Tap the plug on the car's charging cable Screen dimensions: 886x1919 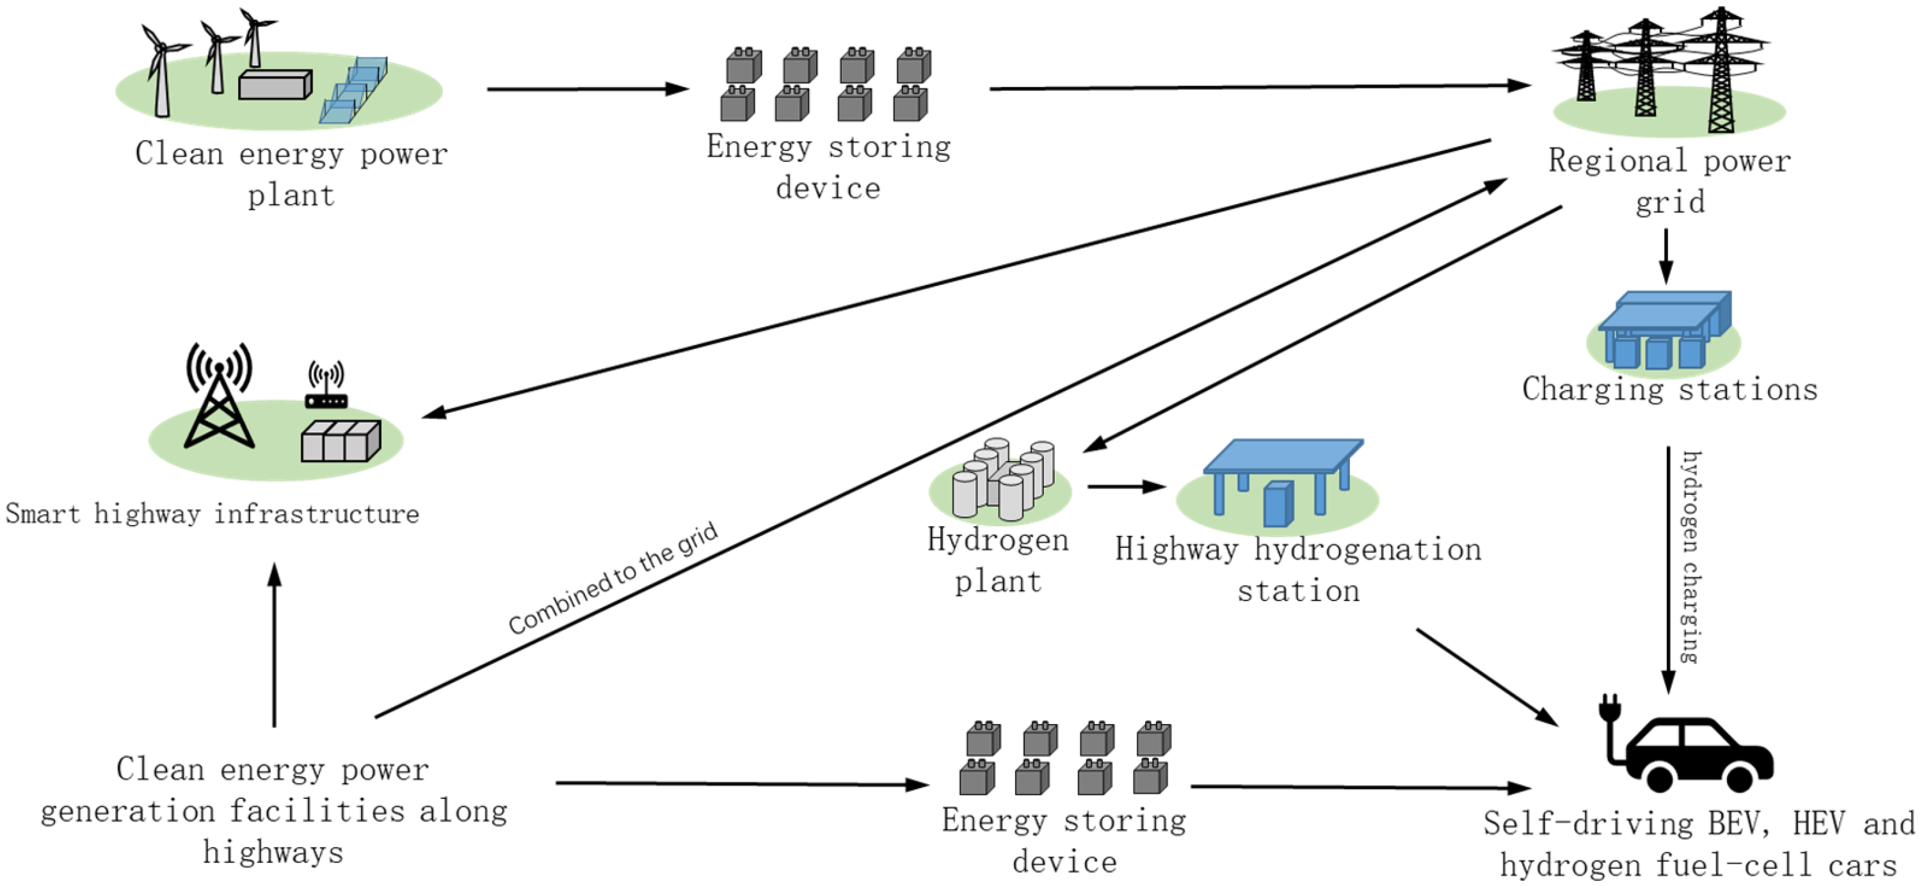coord(1610,707)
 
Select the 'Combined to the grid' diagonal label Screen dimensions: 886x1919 coord(613,578)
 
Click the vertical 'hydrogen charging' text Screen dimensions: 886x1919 coord(1690,558)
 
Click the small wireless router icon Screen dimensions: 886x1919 coord(326,387)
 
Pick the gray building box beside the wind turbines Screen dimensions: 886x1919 coord(274,85)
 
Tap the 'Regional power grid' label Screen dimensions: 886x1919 coord(1669,181)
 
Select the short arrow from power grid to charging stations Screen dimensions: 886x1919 coord(1666,255)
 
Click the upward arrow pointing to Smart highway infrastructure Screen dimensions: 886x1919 coord(274,645)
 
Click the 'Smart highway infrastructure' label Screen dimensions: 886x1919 coord(213,514)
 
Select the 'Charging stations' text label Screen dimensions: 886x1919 coord(1669,390)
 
